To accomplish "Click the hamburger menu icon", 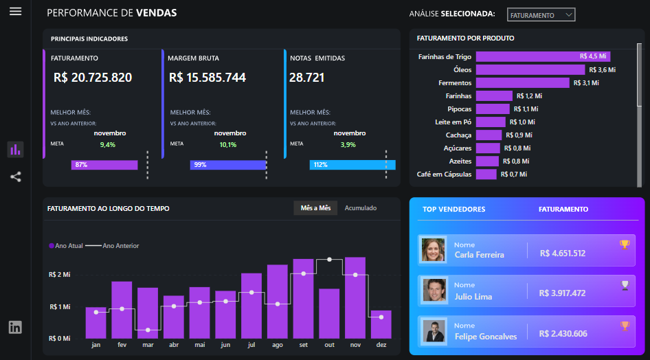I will (15, 12).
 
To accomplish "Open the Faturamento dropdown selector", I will (541, 15).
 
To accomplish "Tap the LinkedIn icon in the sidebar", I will (15, 327).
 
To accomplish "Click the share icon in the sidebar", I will (15, 177).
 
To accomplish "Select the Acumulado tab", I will (360, 208).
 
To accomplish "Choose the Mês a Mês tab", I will (315, 208).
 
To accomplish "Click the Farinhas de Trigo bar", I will (543, 57).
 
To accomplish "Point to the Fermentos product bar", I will (522, 83).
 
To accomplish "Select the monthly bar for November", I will (355, 297).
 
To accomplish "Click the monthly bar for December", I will (381, 324).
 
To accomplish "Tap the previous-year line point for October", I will (330, 260).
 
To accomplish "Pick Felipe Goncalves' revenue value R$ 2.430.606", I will (563, 334).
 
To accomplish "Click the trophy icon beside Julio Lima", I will (625, 284).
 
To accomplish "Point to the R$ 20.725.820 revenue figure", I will (93, 78).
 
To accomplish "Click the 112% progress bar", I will (352, 165).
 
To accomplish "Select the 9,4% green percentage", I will (108, 145).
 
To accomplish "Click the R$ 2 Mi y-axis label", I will (59, 274).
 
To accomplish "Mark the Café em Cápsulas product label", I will (444, 175).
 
